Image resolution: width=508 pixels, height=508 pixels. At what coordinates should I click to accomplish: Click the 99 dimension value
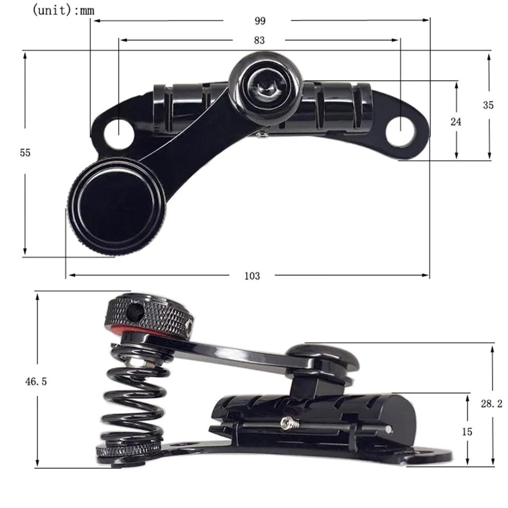[259, 21]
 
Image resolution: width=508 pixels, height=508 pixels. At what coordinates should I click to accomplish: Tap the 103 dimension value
[252, 276]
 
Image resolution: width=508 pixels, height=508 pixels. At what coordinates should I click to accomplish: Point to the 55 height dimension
[25, 153]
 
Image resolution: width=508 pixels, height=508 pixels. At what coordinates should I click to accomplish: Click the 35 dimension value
[488, 105]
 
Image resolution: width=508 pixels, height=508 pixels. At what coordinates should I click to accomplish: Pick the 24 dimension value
[456, 122]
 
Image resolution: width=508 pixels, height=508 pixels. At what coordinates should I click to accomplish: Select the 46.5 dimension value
[36, 381]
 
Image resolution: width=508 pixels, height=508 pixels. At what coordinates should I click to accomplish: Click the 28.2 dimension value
[491, 404]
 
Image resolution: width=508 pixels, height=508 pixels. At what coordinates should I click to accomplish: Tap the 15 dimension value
[467, 432]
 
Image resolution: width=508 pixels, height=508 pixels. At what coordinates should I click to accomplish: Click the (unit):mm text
[63, 10]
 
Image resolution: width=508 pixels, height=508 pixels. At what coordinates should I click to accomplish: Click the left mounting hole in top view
[119, 133]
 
